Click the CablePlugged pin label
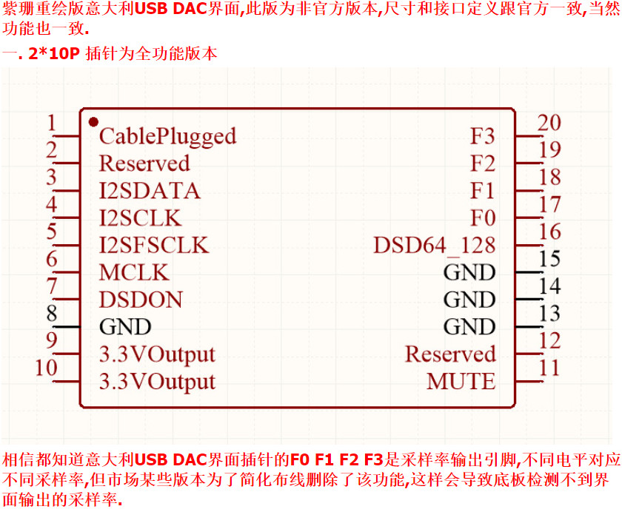[x=167, y=137]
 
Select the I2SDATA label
[x=150, y=191]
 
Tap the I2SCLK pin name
[x=141, y=218]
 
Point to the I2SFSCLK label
[x=153, y=245]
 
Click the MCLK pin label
[x=134, y=272]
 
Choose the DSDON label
[x=141, y=300]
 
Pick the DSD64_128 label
[x=435, y=246]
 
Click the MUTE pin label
[x=461, y=381]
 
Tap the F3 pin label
[x=483, y=136]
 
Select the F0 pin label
[x=483, y=218]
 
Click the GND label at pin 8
[x=125, y=327]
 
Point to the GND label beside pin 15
[x=469, y=272]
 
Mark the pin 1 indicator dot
[x=93, y=121]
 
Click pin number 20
[x=549, y=123]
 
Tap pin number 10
[x=47, y=368]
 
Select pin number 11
[x=549, y=368]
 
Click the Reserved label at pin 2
[x=144, y=164]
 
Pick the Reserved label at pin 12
[x=450, y=354]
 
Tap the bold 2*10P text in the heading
[x=54, y=53]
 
